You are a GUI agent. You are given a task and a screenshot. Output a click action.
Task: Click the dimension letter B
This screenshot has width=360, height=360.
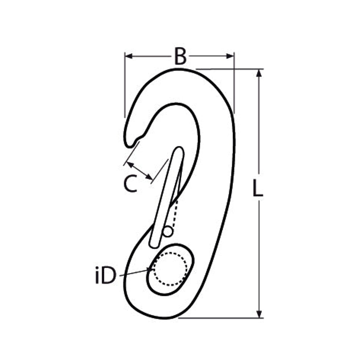pos(180,56)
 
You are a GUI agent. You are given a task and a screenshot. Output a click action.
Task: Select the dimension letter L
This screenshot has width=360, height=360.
pos(258,188)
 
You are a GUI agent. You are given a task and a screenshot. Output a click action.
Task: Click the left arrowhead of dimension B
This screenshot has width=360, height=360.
pos(129,56)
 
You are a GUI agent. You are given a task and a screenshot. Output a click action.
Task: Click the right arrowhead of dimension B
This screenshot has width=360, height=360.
pos(230,56)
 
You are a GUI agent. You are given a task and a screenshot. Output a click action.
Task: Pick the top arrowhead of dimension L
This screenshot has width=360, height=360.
pos(259,73)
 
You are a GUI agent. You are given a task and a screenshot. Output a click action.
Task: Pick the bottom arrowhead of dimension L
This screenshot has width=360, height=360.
pos(259,314)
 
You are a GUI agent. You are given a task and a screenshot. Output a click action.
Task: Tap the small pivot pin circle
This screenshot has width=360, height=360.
pos(168,231)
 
